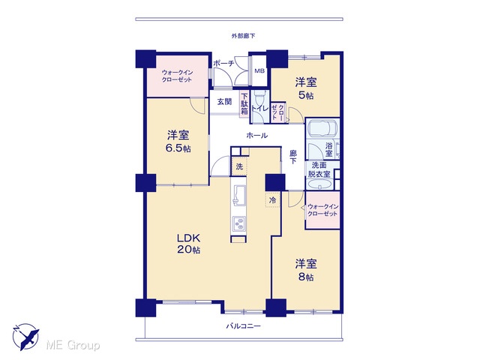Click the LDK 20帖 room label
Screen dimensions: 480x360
(188, 243)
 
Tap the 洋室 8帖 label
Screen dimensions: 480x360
(306, 270)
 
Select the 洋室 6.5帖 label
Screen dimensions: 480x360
(178, 141)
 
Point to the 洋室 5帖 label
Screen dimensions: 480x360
(306, 88)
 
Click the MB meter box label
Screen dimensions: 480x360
(259, 71)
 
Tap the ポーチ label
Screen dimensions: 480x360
(223, 64)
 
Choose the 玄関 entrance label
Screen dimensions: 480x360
(224, 102)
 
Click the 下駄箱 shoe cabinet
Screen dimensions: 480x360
(244, 103)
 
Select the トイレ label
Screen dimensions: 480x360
(260, 108)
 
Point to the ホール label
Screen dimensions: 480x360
(257, 135)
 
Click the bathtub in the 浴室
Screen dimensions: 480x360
(322, 128)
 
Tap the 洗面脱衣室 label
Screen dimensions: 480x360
(319, 169)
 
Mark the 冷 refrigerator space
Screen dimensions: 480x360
(272, 200)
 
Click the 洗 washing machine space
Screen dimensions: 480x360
(239, 166)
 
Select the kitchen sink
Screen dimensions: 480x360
(239, 196)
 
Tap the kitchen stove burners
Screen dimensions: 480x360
(238, 223)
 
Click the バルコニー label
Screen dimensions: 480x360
(243, 326)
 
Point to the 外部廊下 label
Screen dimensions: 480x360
(243, 36)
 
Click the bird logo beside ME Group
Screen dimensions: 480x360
(26, 337)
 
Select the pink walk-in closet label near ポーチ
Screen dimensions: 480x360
(177, 76)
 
